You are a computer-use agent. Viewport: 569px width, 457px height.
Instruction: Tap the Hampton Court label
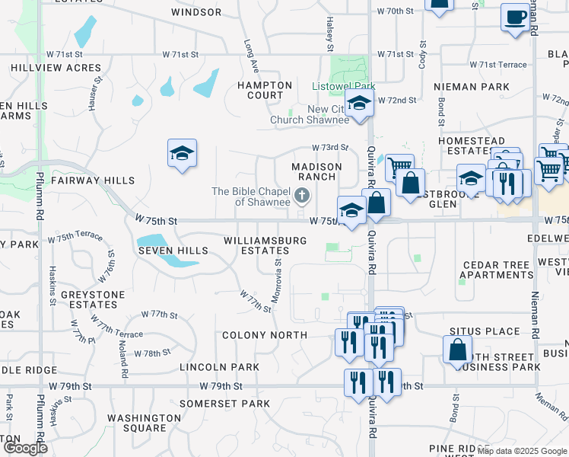(265, 91)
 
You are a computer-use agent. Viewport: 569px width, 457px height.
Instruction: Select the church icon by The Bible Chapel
(302, 197)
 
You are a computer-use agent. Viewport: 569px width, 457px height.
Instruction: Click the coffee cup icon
(515, 16)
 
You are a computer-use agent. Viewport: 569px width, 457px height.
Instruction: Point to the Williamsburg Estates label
(265, 245)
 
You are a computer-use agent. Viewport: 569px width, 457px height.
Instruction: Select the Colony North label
(265, 335)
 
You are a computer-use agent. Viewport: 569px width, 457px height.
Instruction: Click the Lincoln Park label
(219, 367)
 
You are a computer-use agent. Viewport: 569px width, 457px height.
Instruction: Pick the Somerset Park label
(224, 403)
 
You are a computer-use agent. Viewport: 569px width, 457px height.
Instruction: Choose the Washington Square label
(144, 423)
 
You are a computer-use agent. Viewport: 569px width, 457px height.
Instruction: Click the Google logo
(24, 448)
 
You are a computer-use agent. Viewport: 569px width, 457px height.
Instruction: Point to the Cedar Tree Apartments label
(497, 270)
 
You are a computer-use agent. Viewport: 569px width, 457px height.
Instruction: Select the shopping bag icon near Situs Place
(458, 349)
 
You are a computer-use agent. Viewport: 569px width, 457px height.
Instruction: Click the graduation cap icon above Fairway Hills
(182, 153)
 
